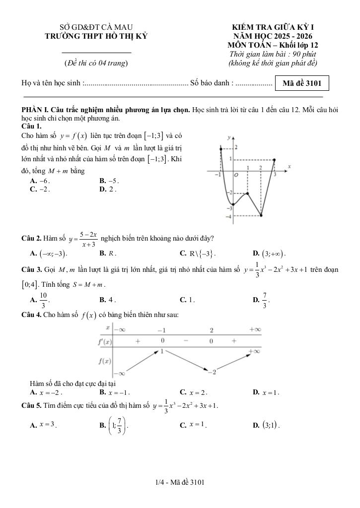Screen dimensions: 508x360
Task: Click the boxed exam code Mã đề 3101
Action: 302,83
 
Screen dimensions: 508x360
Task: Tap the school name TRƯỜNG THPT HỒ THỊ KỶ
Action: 96,36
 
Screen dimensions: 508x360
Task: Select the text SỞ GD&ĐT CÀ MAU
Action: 96,27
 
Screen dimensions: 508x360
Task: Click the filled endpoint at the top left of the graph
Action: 220,147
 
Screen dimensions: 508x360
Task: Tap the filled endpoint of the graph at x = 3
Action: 274,160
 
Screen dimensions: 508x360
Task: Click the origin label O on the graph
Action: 236,175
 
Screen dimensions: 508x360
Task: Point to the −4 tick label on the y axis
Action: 228,217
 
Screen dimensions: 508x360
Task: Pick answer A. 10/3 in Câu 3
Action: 40,300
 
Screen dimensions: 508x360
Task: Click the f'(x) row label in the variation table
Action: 105,342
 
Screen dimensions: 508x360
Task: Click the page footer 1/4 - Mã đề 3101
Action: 180,482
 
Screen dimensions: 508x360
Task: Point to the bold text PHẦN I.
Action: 35,109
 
